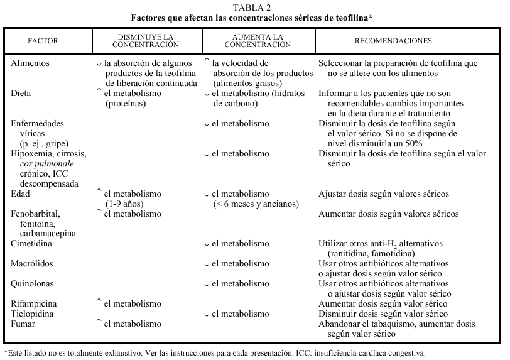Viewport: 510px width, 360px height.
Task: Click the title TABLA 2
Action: pyautogui.click(x=254, y=7)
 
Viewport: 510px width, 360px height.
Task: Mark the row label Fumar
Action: pyautogui.click(x=24, y=323)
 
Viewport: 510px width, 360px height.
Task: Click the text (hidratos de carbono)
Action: pyautogui.click(x=236, y=103)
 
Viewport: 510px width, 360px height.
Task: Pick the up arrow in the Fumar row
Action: pyautogui.click(x=99, y=322)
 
